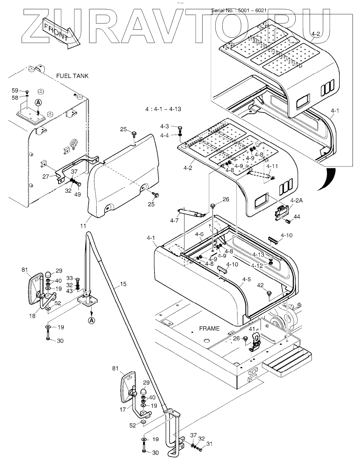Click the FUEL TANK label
coord(72,76)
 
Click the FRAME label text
coord(209,328)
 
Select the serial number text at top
coord(239,10)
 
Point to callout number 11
coord(83,226)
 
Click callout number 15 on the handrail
coord(123,284)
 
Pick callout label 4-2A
coord(296,200)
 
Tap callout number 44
coord(297,217)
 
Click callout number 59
coord(15,90)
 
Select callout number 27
coord(46,176)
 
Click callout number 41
coord(252,329)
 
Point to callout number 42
coord(260,285)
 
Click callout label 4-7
coord(174,221)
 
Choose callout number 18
coord(32,315)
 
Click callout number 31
coord(210,444)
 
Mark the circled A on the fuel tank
coord(38,103)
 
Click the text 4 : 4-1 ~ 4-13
coord(163,109)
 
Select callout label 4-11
coord(272,166)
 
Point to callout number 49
coord(78,194)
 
